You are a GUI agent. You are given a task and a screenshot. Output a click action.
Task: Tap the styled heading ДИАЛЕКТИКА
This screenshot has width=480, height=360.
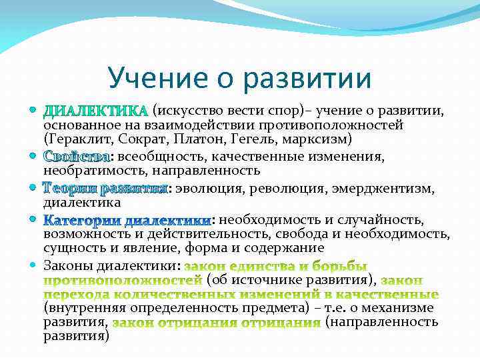tap(95, 110)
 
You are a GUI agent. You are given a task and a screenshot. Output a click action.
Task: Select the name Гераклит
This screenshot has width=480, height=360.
tap(77, 139)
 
